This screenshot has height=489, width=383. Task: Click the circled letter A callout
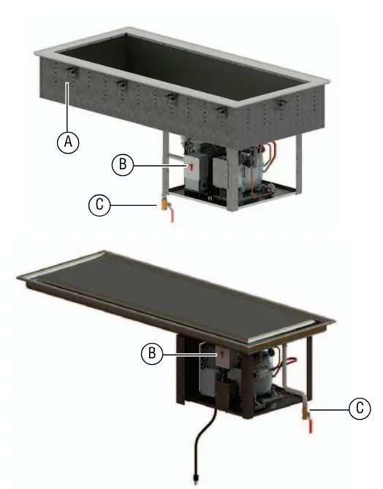click(68, 142)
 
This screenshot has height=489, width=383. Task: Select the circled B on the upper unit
click(123, 164)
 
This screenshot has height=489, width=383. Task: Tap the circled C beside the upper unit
click(99, 205)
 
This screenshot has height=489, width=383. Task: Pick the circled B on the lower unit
click(152, 354)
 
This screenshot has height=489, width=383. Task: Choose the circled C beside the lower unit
click(360, 408)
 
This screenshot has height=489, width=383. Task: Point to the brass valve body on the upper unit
click(164, 204)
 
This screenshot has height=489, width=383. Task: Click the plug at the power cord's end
click(196, 479)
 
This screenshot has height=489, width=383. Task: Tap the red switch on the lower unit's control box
click(222, 353)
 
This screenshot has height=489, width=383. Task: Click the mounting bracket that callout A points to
click(72, 72)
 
